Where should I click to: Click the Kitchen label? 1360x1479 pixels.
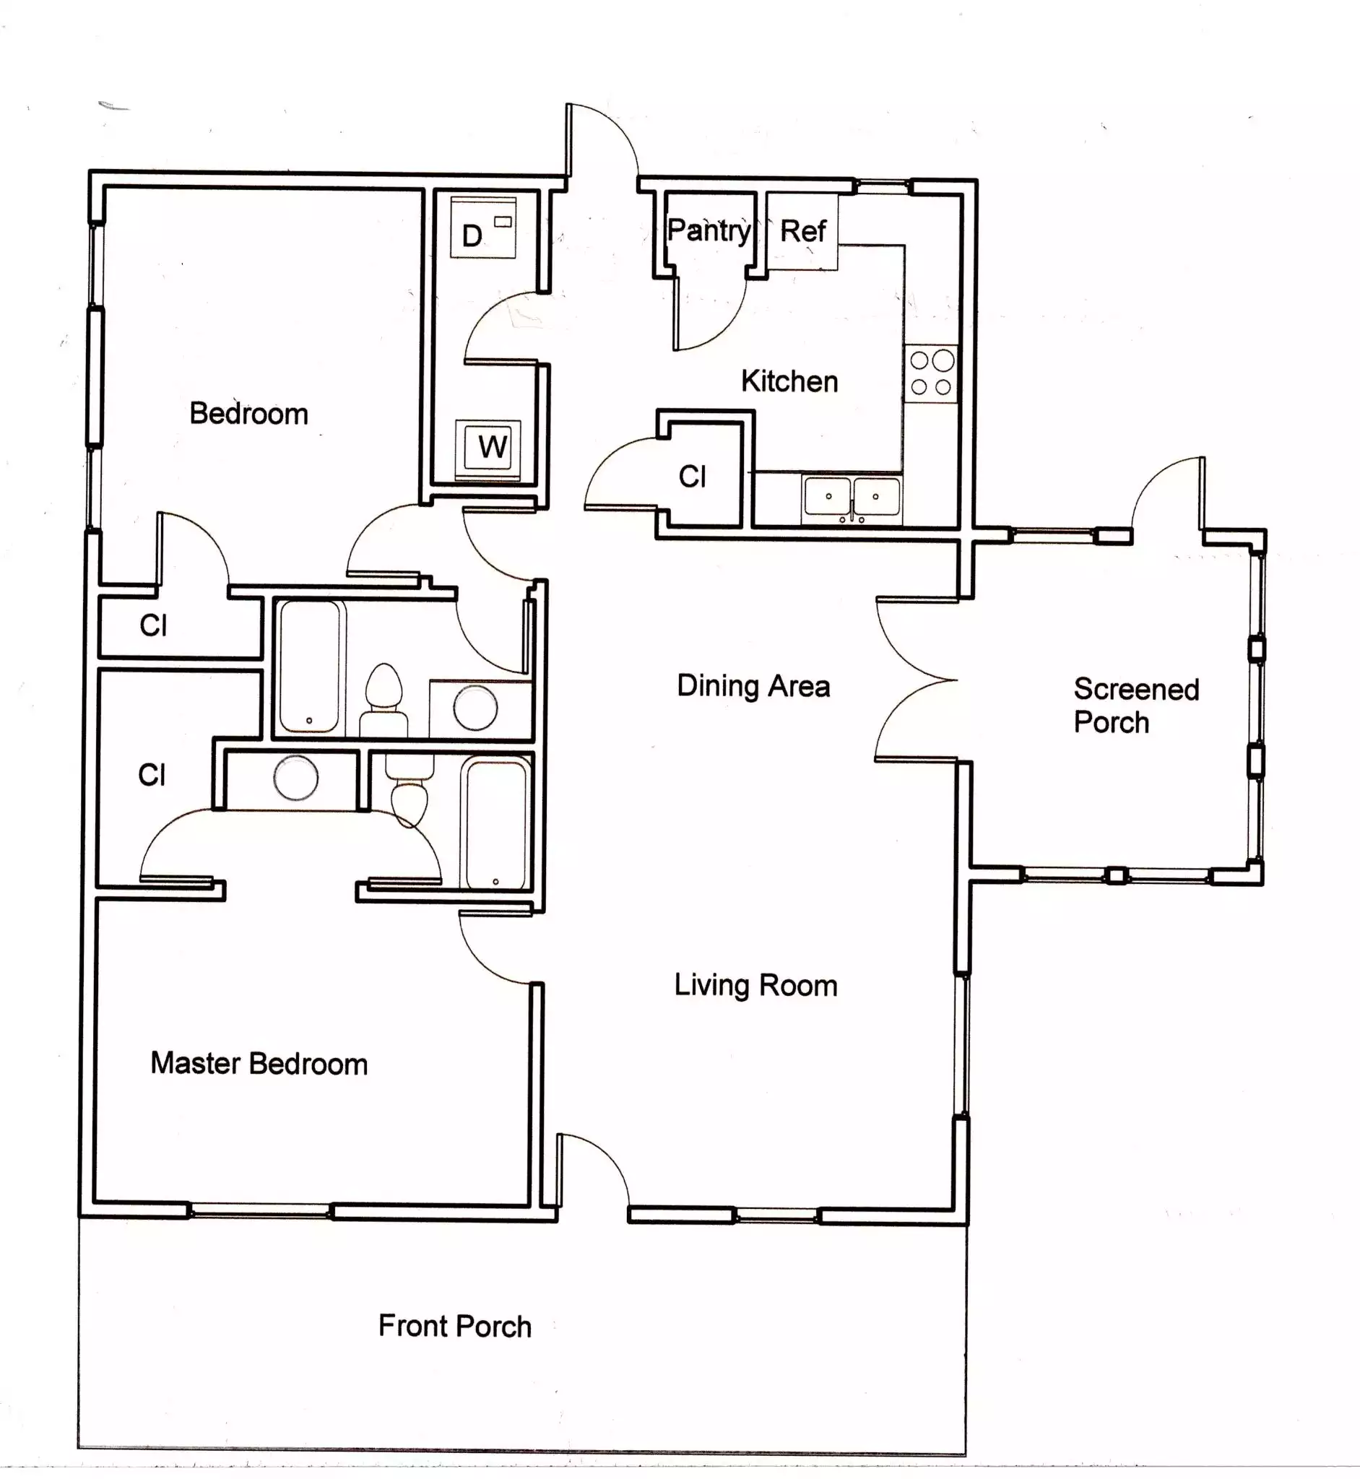click(x=789, y=381)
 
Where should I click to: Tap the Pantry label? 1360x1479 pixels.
click(x=709, y=231)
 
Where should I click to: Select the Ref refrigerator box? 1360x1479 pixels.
click(x=802, y=231)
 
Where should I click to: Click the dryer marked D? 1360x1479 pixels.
click(x=482, y=227)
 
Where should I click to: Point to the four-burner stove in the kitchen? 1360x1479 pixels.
click(x=931, y=373)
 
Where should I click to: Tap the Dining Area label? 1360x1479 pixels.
click(x=753, y=686)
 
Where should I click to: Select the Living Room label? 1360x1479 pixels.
click(x=755, y=985)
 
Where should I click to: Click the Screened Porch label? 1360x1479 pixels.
click(x=1135, y=706)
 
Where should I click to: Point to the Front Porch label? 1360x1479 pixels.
click(x=455, y=1326)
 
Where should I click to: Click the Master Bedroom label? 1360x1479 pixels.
click(x=259, y=1063)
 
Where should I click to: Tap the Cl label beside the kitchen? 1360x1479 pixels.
click(x=692, y=477)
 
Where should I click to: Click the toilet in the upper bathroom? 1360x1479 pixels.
click(x=384, y=699)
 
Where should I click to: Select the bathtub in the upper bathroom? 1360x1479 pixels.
click(x=311, y=667)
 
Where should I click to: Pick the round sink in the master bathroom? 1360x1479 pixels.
click(x=296, y=777)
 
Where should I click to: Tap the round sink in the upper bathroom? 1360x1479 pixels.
click(x=475, y=707)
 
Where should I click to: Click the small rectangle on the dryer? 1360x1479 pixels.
click(x=503, y=221)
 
